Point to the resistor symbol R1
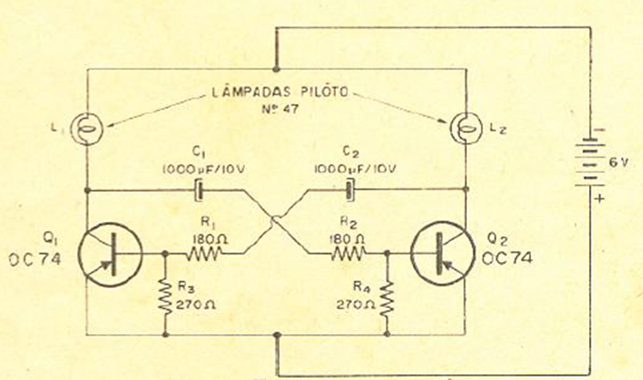tap(204, 254)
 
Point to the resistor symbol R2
tap(348, 252)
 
